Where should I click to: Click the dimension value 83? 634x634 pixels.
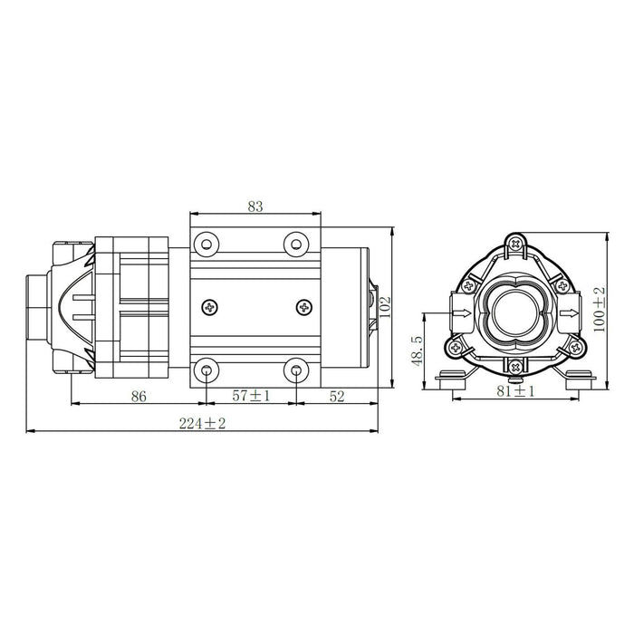(255, 207)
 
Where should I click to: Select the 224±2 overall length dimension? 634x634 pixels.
(202, 423)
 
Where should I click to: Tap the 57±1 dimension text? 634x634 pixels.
(251, 396)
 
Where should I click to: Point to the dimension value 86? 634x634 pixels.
(139, 397)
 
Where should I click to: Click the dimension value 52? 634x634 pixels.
(337, 397)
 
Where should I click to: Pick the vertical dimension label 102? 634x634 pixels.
(385, 307)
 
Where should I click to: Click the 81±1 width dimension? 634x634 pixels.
(515, 391)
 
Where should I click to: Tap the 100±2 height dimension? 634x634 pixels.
(600, 310)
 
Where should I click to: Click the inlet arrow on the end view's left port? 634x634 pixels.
(462, 312)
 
